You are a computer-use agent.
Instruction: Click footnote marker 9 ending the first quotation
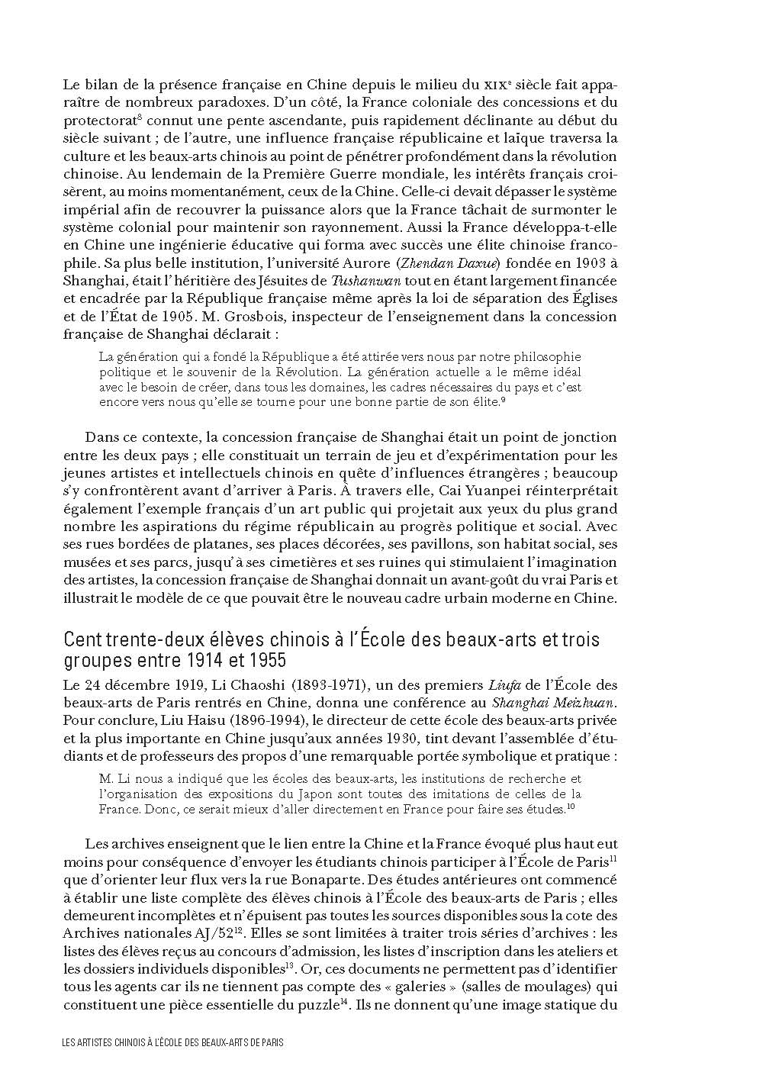502,400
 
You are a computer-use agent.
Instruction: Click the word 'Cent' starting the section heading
82,638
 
